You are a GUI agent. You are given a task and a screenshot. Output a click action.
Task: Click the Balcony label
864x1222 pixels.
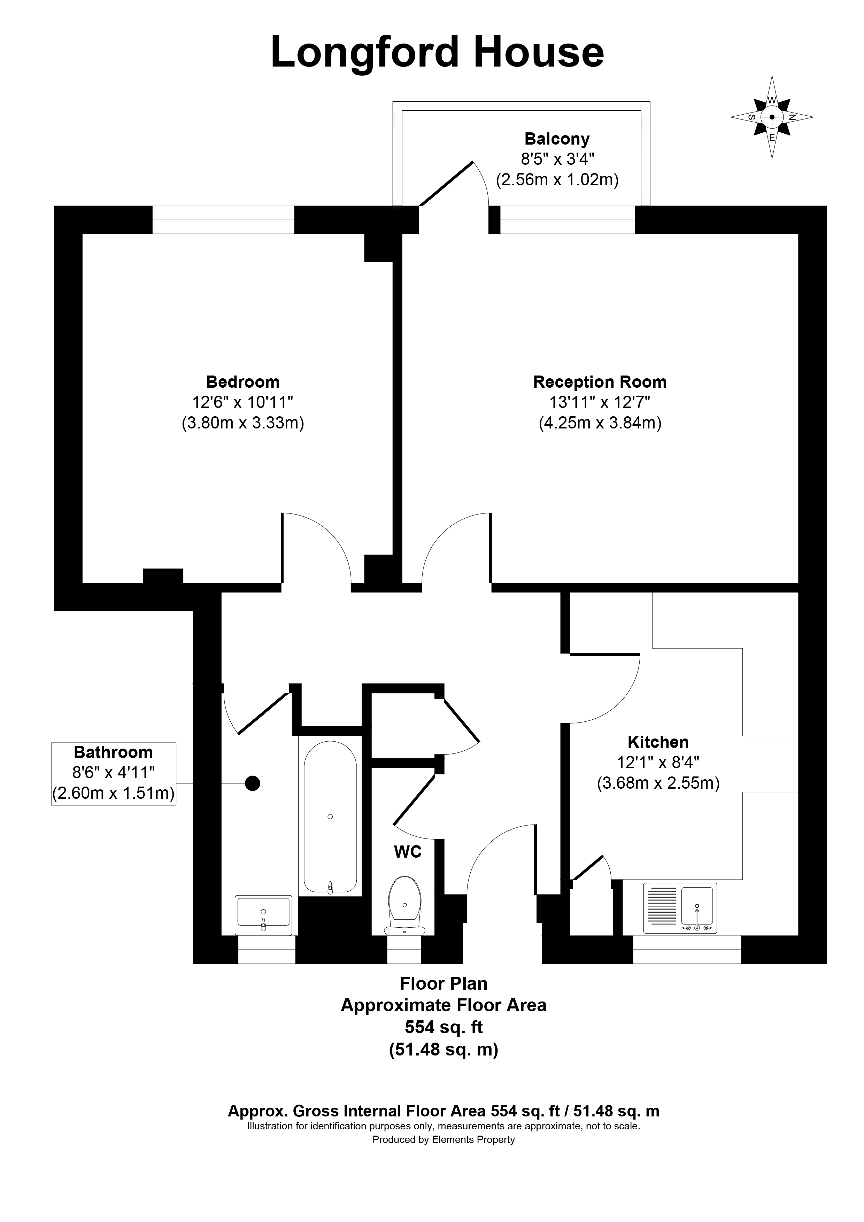pyautogui.click(x=557, y=139)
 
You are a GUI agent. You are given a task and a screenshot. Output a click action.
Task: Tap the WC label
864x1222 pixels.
pyautogui.click(x=407, y=852)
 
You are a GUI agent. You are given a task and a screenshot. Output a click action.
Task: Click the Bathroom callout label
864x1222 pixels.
pyautogui.click(x=113, y=752)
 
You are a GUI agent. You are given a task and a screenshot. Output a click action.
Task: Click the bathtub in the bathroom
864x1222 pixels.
pyautogui.click(x=330, y=817)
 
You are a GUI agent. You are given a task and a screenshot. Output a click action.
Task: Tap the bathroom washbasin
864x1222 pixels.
pyautogui.click(x=263, y=914)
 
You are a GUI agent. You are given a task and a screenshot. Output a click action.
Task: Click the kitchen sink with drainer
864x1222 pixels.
pyautogui.click(x=680, y=908)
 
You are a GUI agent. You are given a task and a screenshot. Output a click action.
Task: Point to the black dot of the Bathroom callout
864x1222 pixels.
pyautogui.click(x=252, y=783)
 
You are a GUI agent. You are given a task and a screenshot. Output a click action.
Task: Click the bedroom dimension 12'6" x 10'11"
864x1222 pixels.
pyautogui.click(x=243, y=402)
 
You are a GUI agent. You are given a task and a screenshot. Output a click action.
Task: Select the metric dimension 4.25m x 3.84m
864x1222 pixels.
pyautogui.click(x=600, y=423)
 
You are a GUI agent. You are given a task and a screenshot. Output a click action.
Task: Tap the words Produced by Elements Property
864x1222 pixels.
pyautogui.click(x=443, y=1139)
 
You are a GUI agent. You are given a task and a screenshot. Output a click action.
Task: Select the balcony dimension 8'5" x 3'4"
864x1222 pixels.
pyautogui.click(x=557, y=159)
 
